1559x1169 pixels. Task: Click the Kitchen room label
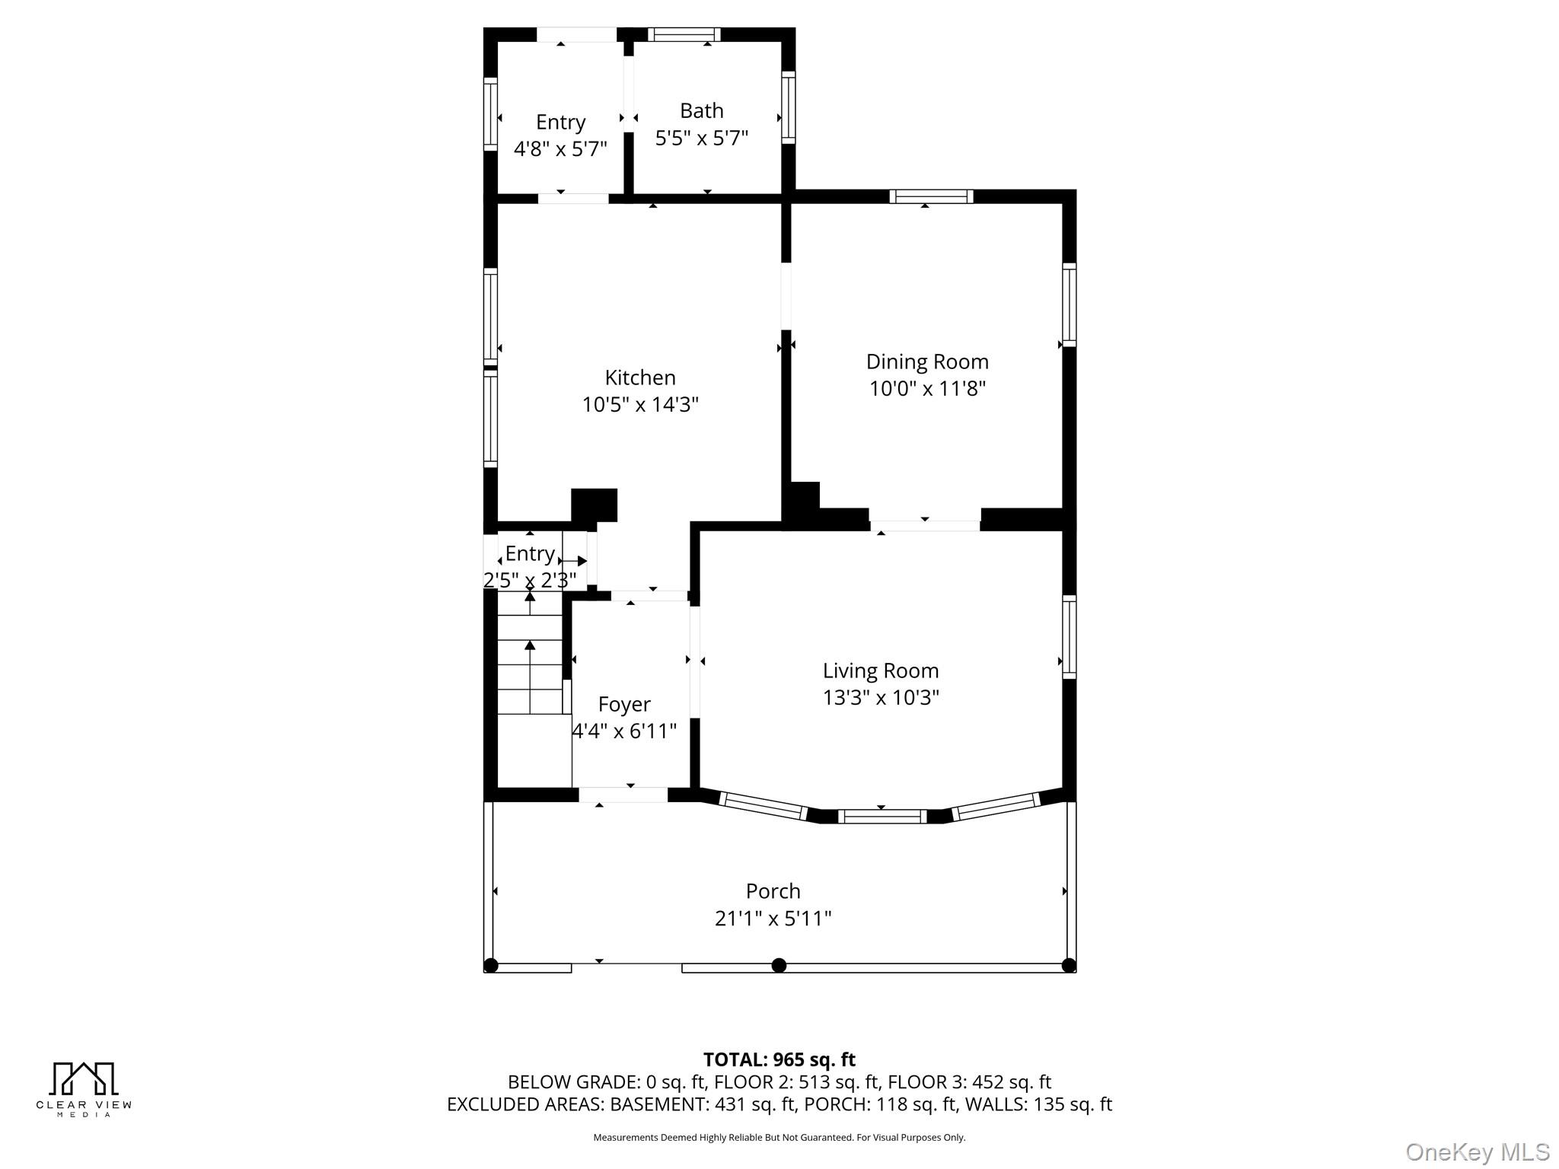(x=640, y=377)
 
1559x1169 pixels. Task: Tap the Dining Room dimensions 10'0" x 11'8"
(x=927, y=389)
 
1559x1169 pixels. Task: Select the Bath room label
(x=701, y=111)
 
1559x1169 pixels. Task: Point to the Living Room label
(x=881, y=671)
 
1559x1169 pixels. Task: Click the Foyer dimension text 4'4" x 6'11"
(x=624, y=731)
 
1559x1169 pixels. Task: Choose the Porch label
(x=773, y=891)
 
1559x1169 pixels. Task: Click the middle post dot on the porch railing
(x=779, y=966)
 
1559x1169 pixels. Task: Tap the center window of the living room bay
(x=882, y=817)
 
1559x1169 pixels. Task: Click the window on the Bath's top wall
(x=684, y=35)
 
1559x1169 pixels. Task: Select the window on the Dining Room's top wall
(x=931, y=196)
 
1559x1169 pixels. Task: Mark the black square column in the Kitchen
(x=594, y=505)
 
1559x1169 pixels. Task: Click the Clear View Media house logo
(x=84, y=1078)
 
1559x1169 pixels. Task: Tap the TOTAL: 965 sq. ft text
(x=779, y=1059)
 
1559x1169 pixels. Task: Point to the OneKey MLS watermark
(x=1477, y=1151)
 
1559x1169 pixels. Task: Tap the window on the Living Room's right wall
(x=1069, y=637)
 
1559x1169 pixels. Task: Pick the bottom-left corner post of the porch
(x=491, y=966)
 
